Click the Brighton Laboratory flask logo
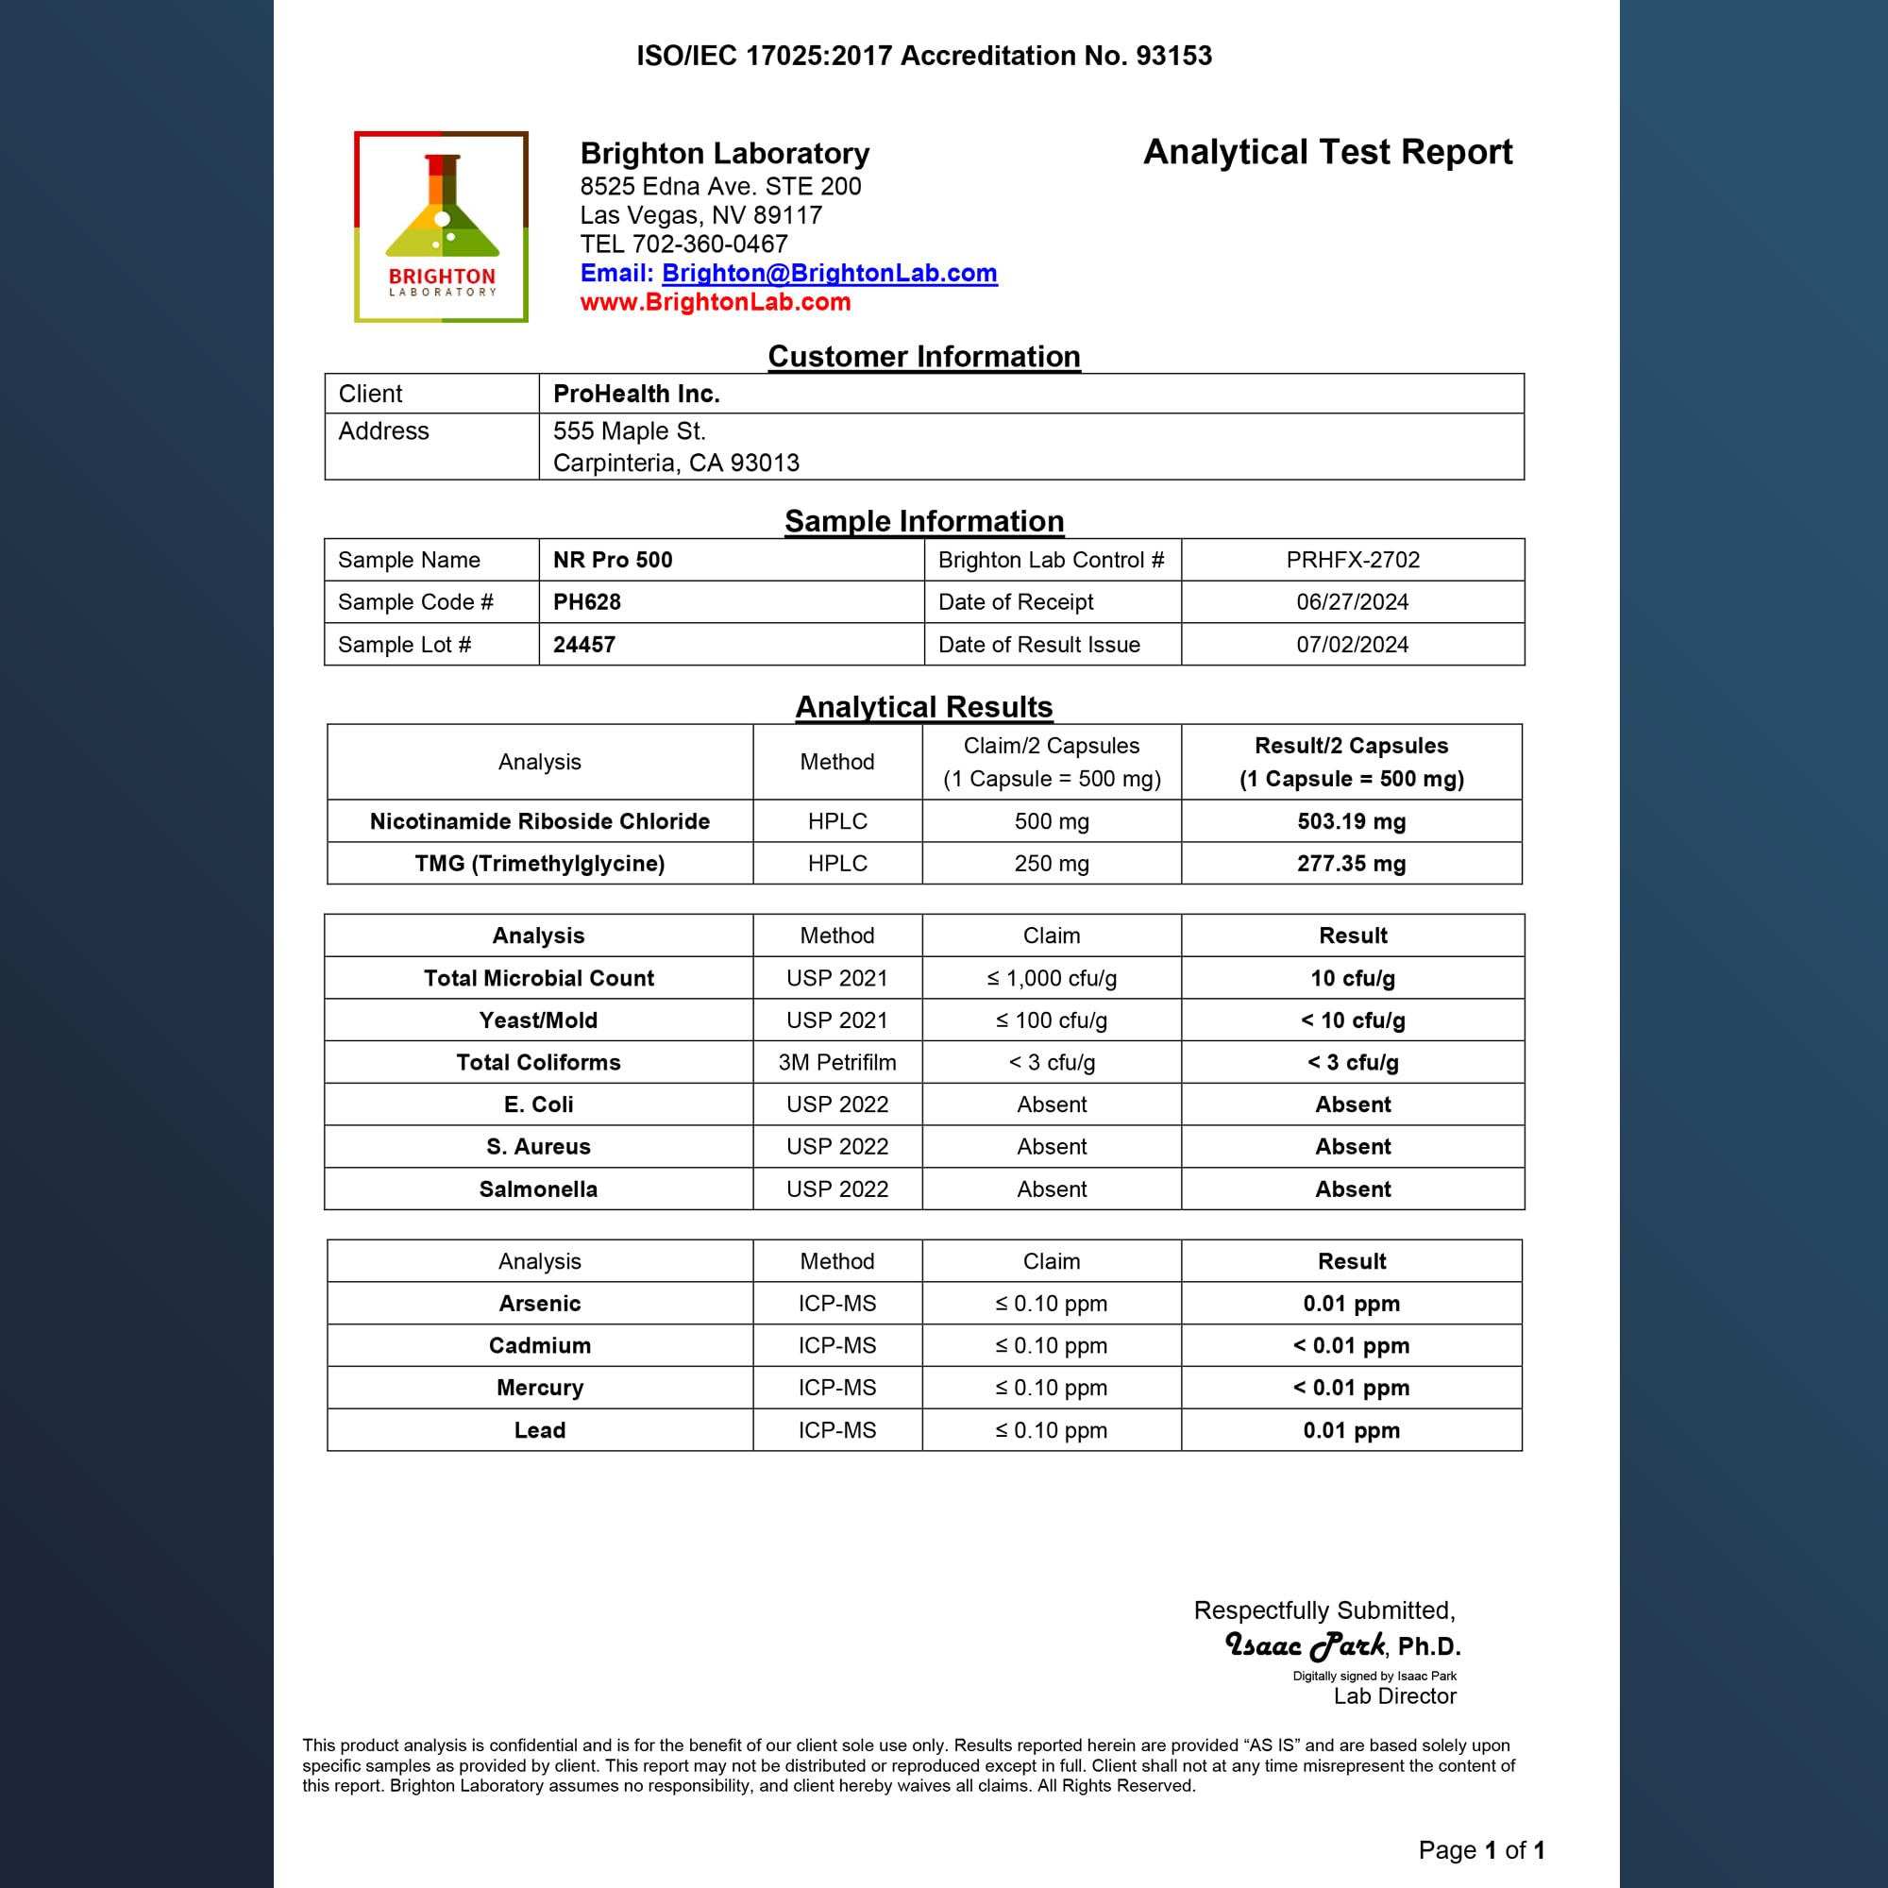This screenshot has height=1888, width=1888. pos(441,227)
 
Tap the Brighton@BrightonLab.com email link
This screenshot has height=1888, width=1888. pos(829,273)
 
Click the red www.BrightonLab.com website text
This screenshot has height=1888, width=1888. pos(715,302)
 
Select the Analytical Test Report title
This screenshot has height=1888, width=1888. pos(1327,152)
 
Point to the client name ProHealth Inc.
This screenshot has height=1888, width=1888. pos(636,394)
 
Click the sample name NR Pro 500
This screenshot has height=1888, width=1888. pos(613,560)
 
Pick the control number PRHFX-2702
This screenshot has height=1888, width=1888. pos(1353,560)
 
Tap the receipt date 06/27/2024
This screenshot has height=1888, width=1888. pos(1353,602)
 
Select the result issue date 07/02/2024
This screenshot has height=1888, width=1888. pos(1353,645)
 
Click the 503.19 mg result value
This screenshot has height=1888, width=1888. pos(1352,822)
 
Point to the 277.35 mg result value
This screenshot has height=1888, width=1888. pos(1352,864)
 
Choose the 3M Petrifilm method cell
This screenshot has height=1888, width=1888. pos(837,1062)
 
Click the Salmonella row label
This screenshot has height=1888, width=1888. pos(538,1189)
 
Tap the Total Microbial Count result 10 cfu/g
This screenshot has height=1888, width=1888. pos(1353,978)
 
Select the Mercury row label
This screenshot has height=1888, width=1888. pos(539,1388)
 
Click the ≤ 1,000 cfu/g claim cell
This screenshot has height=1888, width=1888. pos(1052,978)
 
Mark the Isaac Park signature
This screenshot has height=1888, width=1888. pos(1306,1645)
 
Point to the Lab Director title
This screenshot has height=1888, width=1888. pos(1394,1696)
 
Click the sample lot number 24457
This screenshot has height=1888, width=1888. pos(584,645)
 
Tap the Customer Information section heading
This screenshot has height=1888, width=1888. pos(923,357)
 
